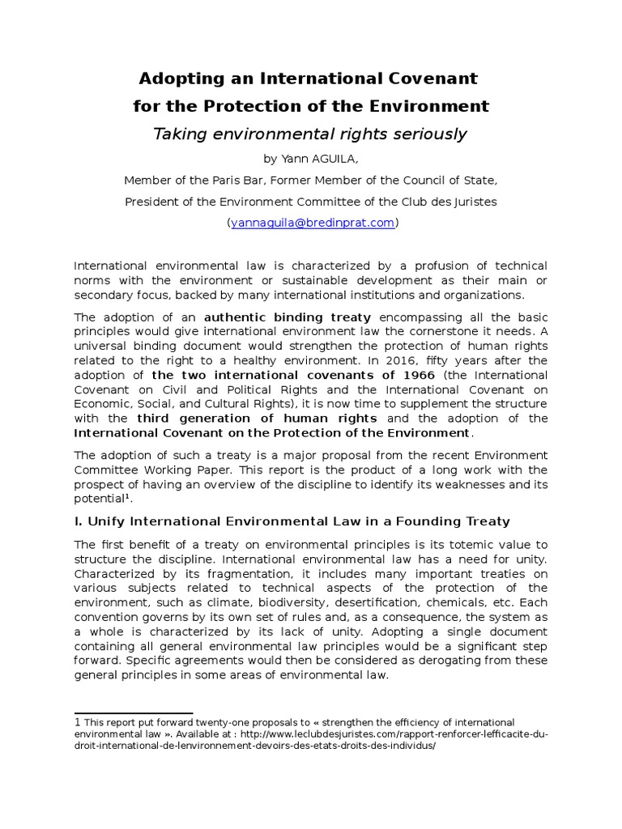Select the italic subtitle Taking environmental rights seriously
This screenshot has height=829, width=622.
click(310, 134)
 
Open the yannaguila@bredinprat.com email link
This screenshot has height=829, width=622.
click(312, 223)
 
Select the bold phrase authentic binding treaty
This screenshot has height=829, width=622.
click(288, 317)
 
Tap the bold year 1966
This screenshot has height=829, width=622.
click(415, 375)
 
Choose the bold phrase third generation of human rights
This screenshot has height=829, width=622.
click(257, 419)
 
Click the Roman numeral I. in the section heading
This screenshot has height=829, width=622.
click(79, 521)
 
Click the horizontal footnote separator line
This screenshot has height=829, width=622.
click(133, 713)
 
